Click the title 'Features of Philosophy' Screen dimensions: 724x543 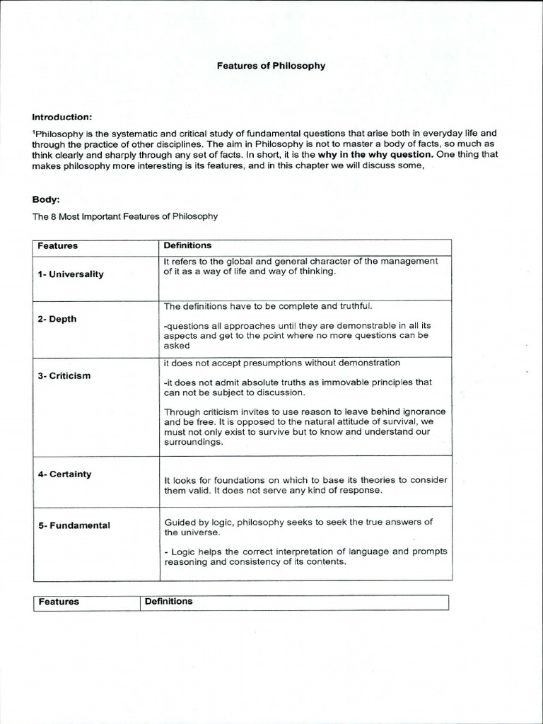pos(271,66)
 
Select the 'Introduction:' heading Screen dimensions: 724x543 pos(62,117)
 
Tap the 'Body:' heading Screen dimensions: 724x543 pos(45,199)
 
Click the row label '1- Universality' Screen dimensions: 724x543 pos(71,274)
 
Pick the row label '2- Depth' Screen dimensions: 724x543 pos(57,319)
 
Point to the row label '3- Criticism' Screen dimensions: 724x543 pos(64,375)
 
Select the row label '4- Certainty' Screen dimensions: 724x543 pos(64,474)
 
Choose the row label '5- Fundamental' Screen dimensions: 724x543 pos(74,525)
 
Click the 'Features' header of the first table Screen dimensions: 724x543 pos(57,246)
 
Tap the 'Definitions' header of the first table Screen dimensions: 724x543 pos(187,245)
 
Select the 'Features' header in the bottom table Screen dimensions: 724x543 pos(59,602)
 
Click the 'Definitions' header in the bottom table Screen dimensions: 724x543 pos(168,601)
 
